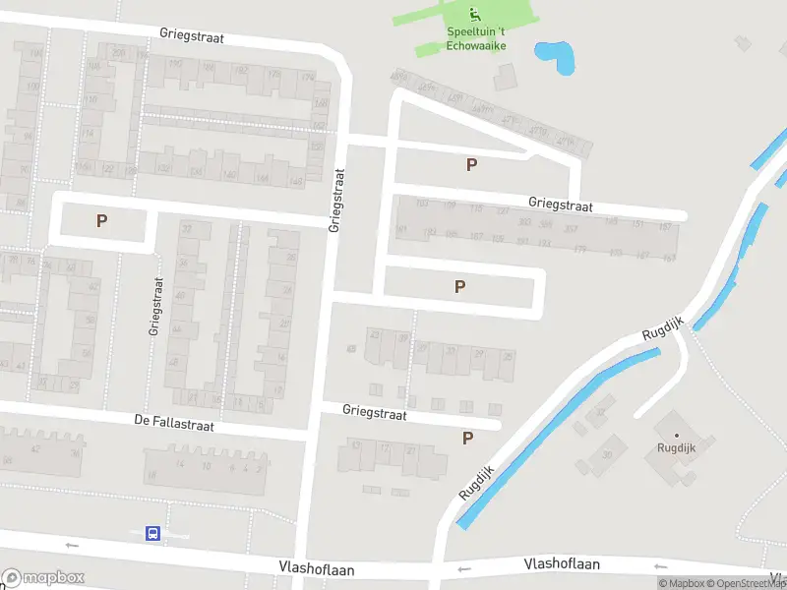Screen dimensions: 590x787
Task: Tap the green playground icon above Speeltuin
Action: coord(474,14)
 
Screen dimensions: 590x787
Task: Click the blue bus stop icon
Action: coord(152,533)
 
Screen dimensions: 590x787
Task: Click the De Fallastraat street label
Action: coord(173,425)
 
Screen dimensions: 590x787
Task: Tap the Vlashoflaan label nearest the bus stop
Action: coord(316,568)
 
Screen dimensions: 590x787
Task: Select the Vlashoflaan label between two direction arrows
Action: coord(563,564)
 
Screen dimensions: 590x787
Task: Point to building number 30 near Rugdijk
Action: coord(607,454)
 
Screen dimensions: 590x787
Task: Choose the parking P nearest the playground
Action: coord(472,165)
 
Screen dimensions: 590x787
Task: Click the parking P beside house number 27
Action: coord(101,221)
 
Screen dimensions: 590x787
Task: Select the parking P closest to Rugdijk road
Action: coord(467,438)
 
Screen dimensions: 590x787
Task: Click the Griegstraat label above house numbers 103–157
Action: coord(561,206)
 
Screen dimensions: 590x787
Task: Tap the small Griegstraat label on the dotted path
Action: coord(154,306)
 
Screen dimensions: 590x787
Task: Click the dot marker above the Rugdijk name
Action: coord(676,435)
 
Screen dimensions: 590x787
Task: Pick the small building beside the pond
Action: coord(506,76)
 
